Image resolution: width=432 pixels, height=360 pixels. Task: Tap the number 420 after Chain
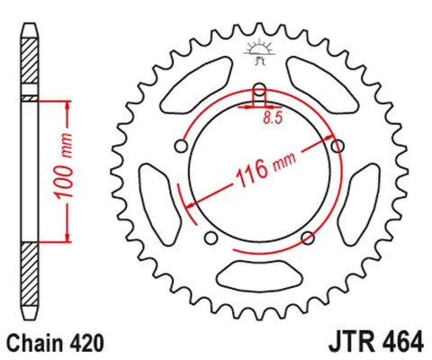pyautogui.click(x=89, y=343)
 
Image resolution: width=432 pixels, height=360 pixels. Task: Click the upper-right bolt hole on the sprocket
pyautogui.click(x=338, y=147)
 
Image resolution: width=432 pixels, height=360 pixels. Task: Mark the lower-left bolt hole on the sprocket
pyautogui.click(x=211, y=238)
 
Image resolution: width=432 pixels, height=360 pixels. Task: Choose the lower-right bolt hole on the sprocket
pyautogui.click(x=308, y=238)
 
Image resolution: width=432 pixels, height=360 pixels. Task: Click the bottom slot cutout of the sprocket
pyautogui.click(x=259, y=275)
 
